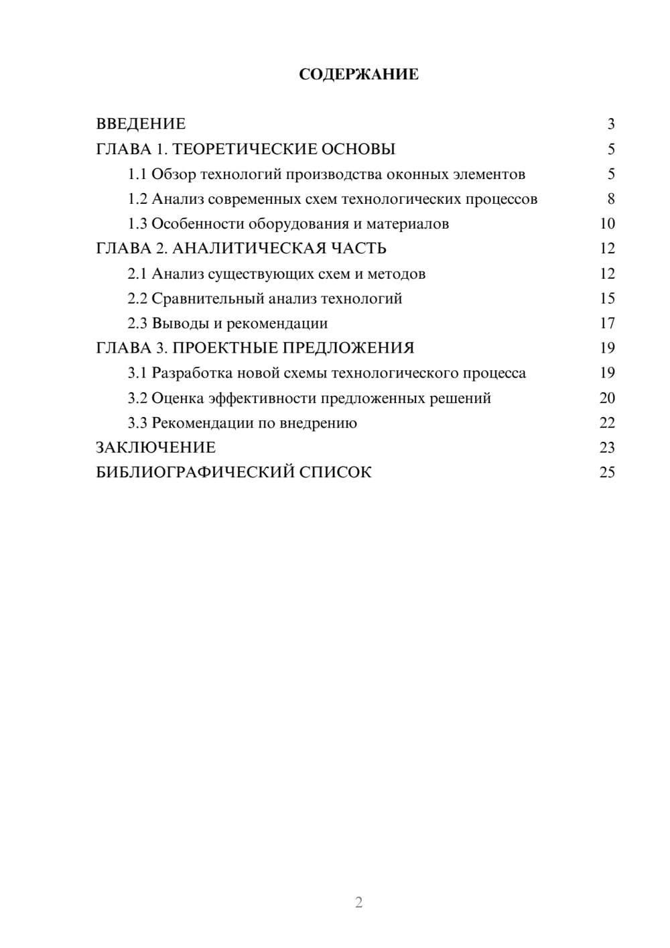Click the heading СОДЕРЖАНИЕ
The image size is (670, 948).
click(x=358, y=74)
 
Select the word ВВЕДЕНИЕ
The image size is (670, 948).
click(x=141, y=124)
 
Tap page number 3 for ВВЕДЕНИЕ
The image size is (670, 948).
click(x=611, y=124)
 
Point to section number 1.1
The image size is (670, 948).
click(x=137, y=174)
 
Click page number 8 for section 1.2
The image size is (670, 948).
click(x=611, y=199)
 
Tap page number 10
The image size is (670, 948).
click(x=607, y=224)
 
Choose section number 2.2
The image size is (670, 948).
click(x=137, y=298)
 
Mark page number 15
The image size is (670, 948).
click(x=607, y=298)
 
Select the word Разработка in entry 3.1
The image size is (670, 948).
click(x=189, y=373)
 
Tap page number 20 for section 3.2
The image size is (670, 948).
click(x=607, y=398)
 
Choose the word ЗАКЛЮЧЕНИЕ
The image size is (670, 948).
click(x=155, y=447)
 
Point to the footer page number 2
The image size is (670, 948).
click(x=358, y=902)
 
